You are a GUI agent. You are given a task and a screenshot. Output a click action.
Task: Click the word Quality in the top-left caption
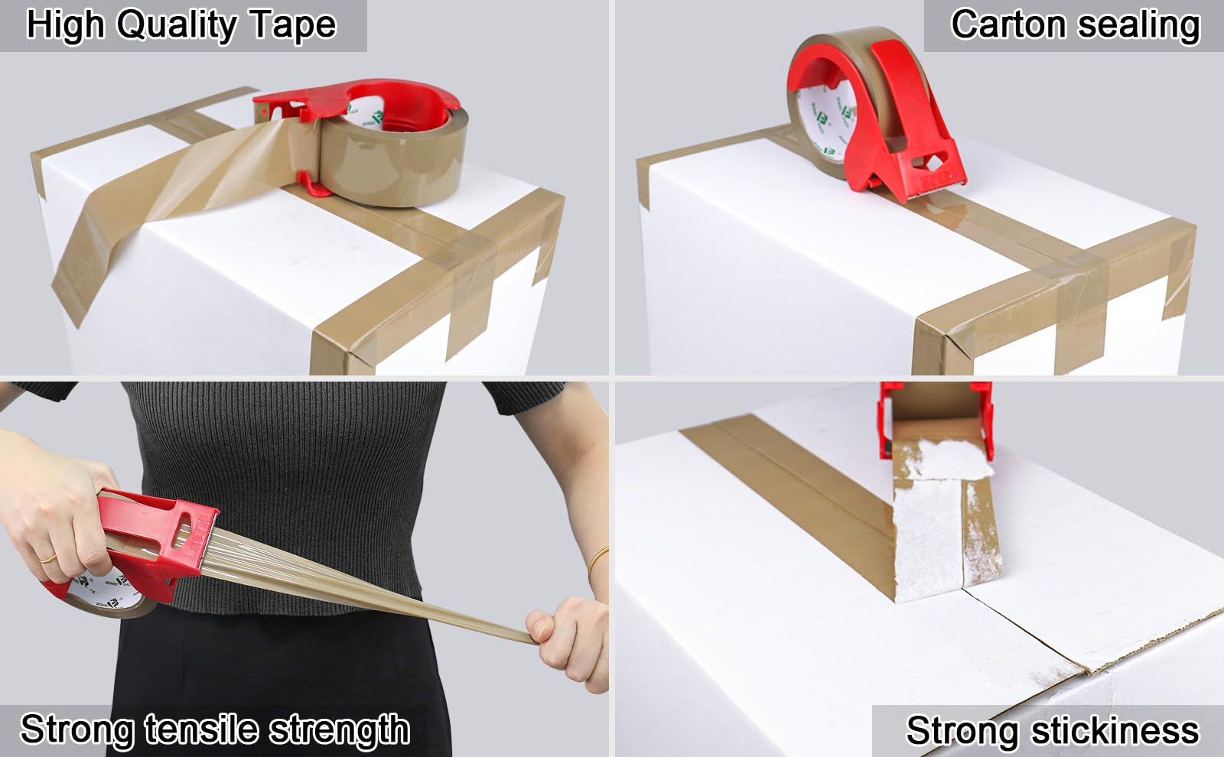click(x=177, y=26)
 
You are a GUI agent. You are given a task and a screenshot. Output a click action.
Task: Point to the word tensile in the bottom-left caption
click(x=202, y=729)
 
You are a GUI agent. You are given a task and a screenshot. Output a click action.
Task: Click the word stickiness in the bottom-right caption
click(x=1115, y=730)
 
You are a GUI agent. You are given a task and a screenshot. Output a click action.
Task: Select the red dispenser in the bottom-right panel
click(x=936, y=421)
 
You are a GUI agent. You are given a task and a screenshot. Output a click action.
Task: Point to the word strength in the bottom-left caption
click(x=340, y=730)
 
